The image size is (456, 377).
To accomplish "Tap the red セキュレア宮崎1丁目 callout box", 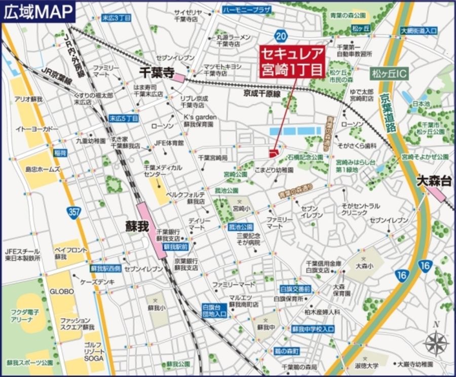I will pos(292,62).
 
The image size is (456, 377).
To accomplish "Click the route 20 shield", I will pos(281,35).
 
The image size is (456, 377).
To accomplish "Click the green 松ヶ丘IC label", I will pos(389,74).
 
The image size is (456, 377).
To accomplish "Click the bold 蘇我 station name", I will pos(137,227).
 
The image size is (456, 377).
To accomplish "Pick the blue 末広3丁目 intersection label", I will pos(116,18).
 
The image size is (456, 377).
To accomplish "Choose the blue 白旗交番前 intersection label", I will pos(295,289).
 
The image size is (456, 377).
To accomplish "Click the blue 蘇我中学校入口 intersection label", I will pos(313,329).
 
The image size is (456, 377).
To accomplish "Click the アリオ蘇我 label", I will pos(28,99).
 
